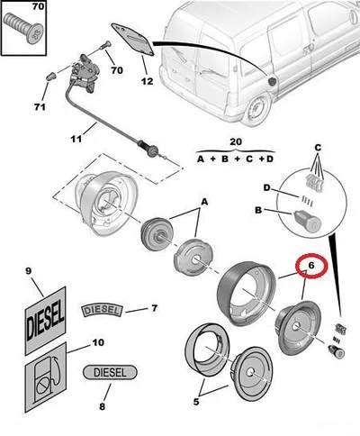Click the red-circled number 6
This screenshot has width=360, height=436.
tap(311, 266)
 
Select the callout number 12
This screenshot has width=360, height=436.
tap(147, 81)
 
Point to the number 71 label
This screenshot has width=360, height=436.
tap(40, 107)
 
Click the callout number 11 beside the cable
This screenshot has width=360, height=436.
tap(76, 139)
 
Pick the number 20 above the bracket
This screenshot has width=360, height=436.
tap(236, 141)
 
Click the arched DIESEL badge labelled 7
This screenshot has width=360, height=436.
tap(102, 311)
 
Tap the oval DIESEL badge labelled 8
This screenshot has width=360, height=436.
tap(110, 372)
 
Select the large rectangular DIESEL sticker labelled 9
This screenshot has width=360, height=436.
tap(45, 320)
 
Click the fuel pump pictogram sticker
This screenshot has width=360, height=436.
tap(45, 377)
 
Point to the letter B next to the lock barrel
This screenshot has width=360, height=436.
tap(258, 210)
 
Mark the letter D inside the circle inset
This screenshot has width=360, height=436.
tap(266, 188)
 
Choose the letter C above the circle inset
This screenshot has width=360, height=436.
tap(318, 148)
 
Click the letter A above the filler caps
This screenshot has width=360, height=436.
tap(204, 202)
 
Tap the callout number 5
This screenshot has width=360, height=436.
tap(196, 402)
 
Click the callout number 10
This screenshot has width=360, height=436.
tap(98, 342)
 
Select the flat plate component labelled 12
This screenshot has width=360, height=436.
tap(133, 40)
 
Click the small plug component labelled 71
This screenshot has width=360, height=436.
tap(51, 76)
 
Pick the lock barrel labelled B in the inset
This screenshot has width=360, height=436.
tap(308, 222)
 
